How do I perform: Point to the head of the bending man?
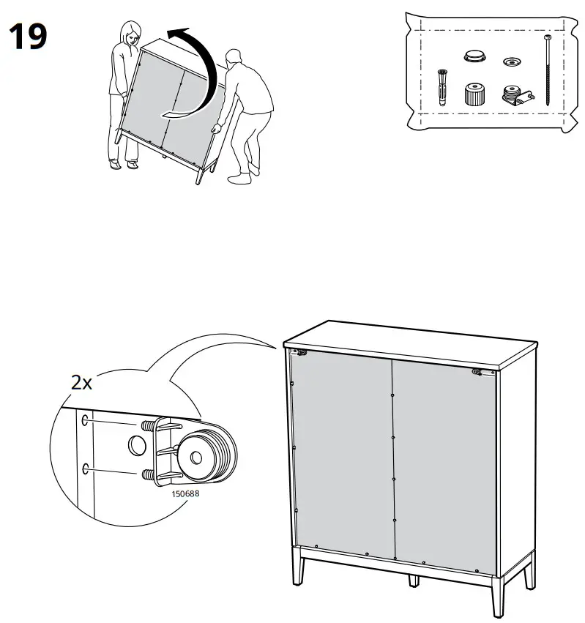(234, 59)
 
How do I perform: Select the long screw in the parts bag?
(548, 69)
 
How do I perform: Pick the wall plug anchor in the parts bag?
(442, 88)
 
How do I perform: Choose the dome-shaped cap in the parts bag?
(473, 56)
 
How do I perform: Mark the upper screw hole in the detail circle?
(86, 420)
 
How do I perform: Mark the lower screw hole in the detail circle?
(86, 467)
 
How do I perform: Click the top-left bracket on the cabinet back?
(300, 353)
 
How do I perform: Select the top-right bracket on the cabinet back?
(480, 372)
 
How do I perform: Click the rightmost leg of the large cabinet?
(529, 571)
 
